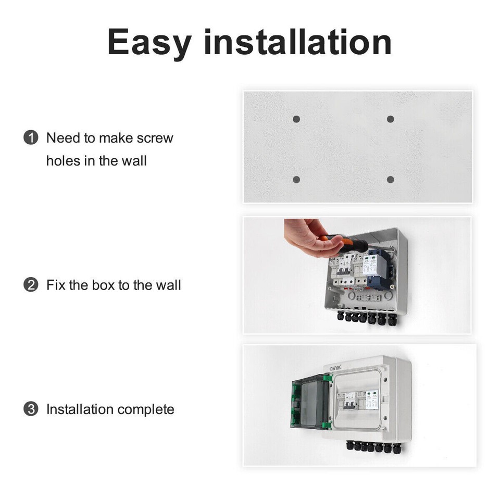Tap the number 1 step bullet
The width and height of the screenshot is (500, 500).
pos(31,138)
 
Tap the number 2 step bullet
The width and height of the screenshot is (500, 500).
pos(31,285)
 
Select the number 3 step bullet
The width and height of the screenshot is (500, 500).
pos(31,409)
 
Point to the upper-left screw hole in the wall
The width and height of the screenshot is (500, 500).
pos(296,119)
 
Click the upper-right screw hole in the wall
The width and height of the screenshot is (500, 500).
pos(390,119)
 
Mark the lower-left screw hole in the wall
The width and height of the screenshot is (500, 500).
pos(296,180)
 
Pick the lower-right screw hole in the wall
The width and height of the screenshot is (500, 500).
pos(390,180)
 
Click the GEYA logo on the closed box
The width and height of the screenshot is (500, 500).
pos(334,368)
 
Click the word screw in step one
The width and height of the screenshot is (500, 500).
pos(155,139)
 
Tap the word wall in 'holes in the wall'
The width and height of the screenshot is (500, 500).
pos(134,161)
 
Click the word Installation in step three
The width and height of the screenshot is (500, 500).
pos(80,409)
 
